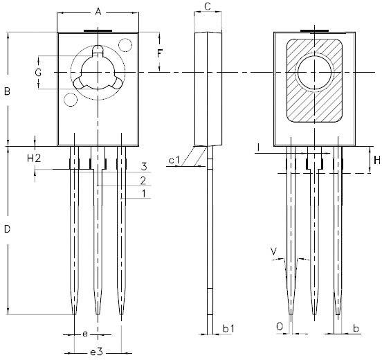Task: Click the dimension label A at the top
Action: [98, 12]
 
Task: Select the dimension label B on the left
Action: [7, 91]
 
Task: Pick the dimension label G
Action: [39, 72]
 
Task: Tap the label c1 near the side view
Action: [174, 161]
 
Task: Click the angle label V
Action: [274, 250]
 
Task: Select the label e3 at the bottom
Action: [95, 352]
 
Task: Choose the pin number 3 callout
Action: [143, 167]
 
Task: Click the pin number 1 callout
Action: [143, 194]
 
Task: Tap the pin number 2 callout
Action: [143, 180]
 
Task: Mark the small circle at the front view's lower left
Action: [70, 100]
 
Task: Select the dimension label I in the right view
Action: [257, 147]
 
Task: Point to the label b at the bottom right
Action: [356, 327]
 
